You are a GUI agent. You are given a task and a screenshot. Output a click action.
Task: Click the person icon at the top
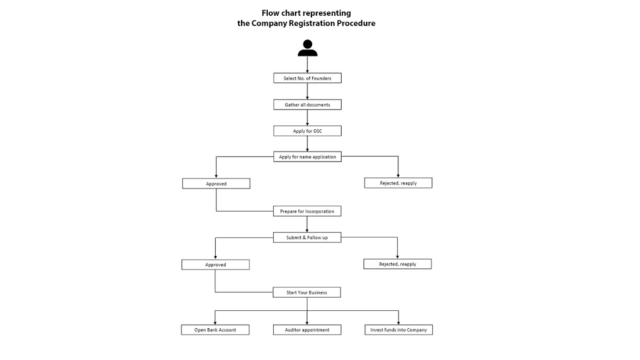[x=307, y=47]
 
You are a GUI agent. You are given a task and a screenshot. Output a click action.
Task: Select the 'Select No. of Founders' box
[x=307, y=78]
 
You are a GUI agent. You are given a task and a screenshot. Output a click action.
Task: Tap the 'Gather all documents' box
[x=307, y=104]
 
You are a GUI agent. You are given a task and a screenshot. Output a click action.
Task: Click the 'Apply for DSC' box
[x=307, y=131]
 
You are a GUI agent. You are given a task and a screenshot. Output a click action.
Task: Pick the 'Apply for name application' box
[x=307, y=157]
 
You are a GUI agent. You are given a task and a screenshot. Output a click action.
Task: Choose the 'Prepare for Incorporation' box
[x=307, y=211]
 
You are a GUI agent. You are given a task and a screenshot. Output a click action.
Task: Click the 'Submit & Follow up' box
[x=307, y=237]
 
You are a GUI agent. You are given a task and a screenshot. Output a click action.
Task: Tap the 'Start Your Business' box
[x=306, y=292]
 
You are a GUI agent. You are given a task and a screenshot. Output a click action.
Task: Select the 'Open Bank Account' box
[x=215, y=330]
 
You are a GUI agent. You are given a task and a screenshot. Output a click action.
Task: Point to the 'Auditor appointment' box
[x=307, y=330]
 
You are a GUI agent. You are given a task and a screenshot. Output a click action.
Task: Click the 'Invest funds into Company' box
[x=398, y=330]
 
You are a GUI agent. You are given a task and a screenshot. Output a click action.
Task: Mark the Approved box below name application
[x=216, y=184]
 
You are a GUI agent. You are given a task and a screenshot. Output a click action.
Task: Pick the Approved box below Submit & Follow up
[x=216, y=264]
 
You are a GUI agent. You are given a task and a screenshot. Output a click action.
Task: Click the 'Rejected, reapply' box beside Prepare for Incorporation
[x=398, y=183]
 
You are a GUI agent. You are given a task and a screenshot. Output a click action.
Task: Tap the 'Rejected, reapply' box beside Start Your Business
[x=397, y=264]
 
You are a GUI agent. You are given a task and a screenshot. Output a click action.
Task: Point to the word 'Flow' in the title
[x=270, y=13]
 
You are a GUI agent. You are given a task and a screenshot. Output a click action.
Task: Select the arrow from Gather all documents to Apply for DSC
[x=307, y=117]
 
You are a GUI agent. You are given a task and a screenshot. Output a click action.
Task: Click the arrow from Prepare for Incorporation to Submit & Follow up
[x=307, y=224]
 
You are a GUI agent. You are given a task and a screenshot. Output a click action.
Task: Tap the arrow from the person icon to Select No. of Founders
[x=307, y=64]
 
